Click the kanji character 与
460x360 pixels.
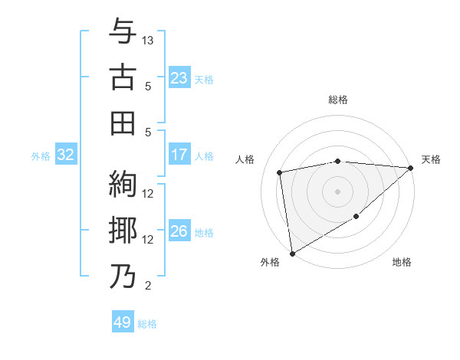pos(123,31)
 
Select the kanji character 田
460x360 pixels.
pos(123,122)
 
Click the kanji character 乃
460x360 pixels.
pos(123,276)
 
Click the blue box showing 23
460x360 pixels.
pos(179,78)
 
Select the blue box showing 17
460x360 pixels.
pos(179,155)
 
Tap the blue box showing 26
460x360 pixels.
pos(179,231)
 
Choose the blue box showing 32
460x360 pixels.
pos(65,155)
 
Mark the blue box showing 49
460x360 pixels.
pos(123,322)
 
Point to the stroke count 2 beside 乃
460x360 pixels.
pos(148,286)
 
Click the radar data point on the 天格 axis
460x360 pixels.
pos(411,168)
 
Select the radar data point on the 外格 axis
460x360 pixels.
pos(292,254)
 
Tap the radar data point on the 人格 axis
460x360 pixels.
pos(281,172)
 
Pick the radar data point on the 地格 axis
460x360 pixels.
pos(356,217)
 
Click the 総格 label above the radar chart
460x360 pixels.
pos(338,100)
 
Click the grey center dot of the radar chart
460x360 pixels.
pos(338,190)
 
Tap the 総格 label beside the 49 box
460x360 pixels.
pos(148,324)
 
